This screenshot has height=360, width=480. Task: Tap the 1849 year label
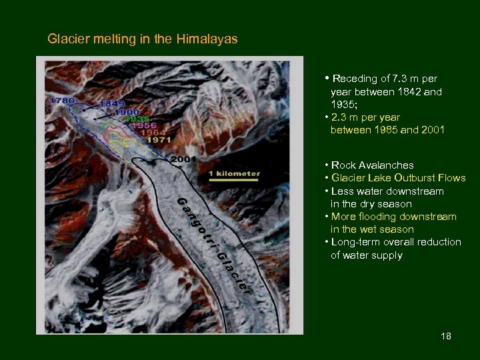point(113,105)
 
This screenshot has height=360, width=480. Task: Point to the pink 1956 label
point(145,125)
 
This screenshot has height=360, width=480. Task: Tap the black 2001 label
point(183,160)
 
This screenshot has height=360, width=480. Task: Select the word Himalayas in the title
point(207,39)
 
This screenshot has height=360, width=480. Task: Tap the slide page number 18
point(446,336)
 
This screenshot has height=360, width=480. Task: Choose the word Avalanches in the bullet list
point(391,165)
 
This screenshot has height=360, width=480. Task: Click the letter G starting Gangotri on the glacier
point(181,201)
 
